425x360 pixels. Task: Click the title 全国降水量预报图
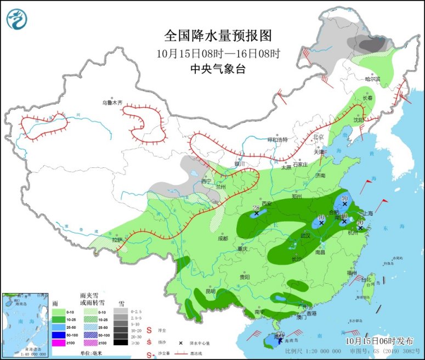218,36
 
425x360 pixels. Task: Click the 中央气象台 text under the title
218,69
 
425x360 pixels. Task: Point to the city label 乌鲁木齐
113,103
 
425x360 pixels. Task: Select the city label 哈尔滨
372,79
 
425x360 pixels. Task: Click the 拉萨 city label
117,240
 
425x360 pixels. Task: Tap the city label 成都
222,238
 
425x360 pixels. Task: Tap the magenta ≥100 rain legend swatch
59,342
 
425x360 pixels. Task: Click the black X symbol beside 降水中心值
180,343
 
